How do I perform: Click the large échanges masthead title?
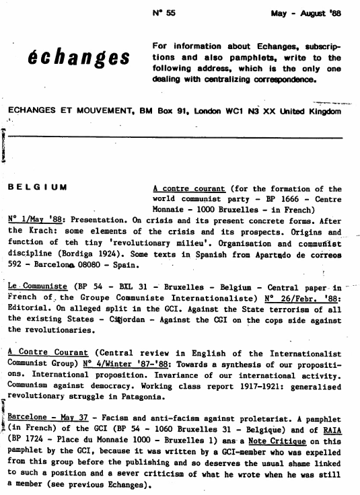(x=79, y=59)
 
